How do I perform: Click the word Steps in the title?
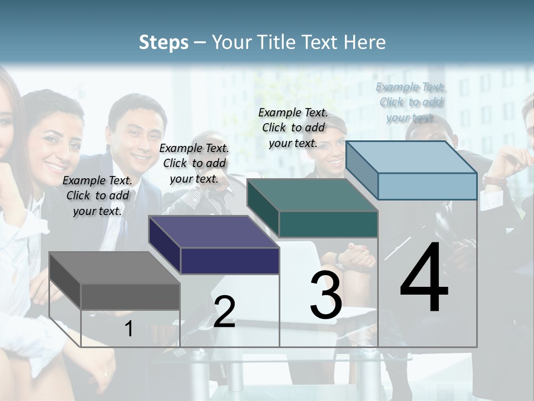(164, 42)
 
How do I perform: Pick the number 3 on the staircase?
(326, 295)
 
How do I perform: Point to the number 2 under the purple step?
(224, 312)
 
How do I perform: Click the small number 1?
(129, 329)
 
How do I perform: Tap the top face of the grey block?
(114, 268)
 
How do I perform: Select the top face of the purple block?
(214, 232)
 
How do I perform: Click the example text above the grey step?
(97, 195)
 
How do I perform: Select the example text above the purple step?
(194, 163)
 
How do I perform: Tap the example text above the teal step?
(293, 128)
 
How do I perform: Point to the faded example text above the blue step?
(411, 102)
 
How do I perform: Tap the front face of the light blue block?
(427, 186)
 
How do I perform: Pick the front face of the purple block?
(230, 261)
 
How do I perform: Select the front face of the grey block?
(130, 296)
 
